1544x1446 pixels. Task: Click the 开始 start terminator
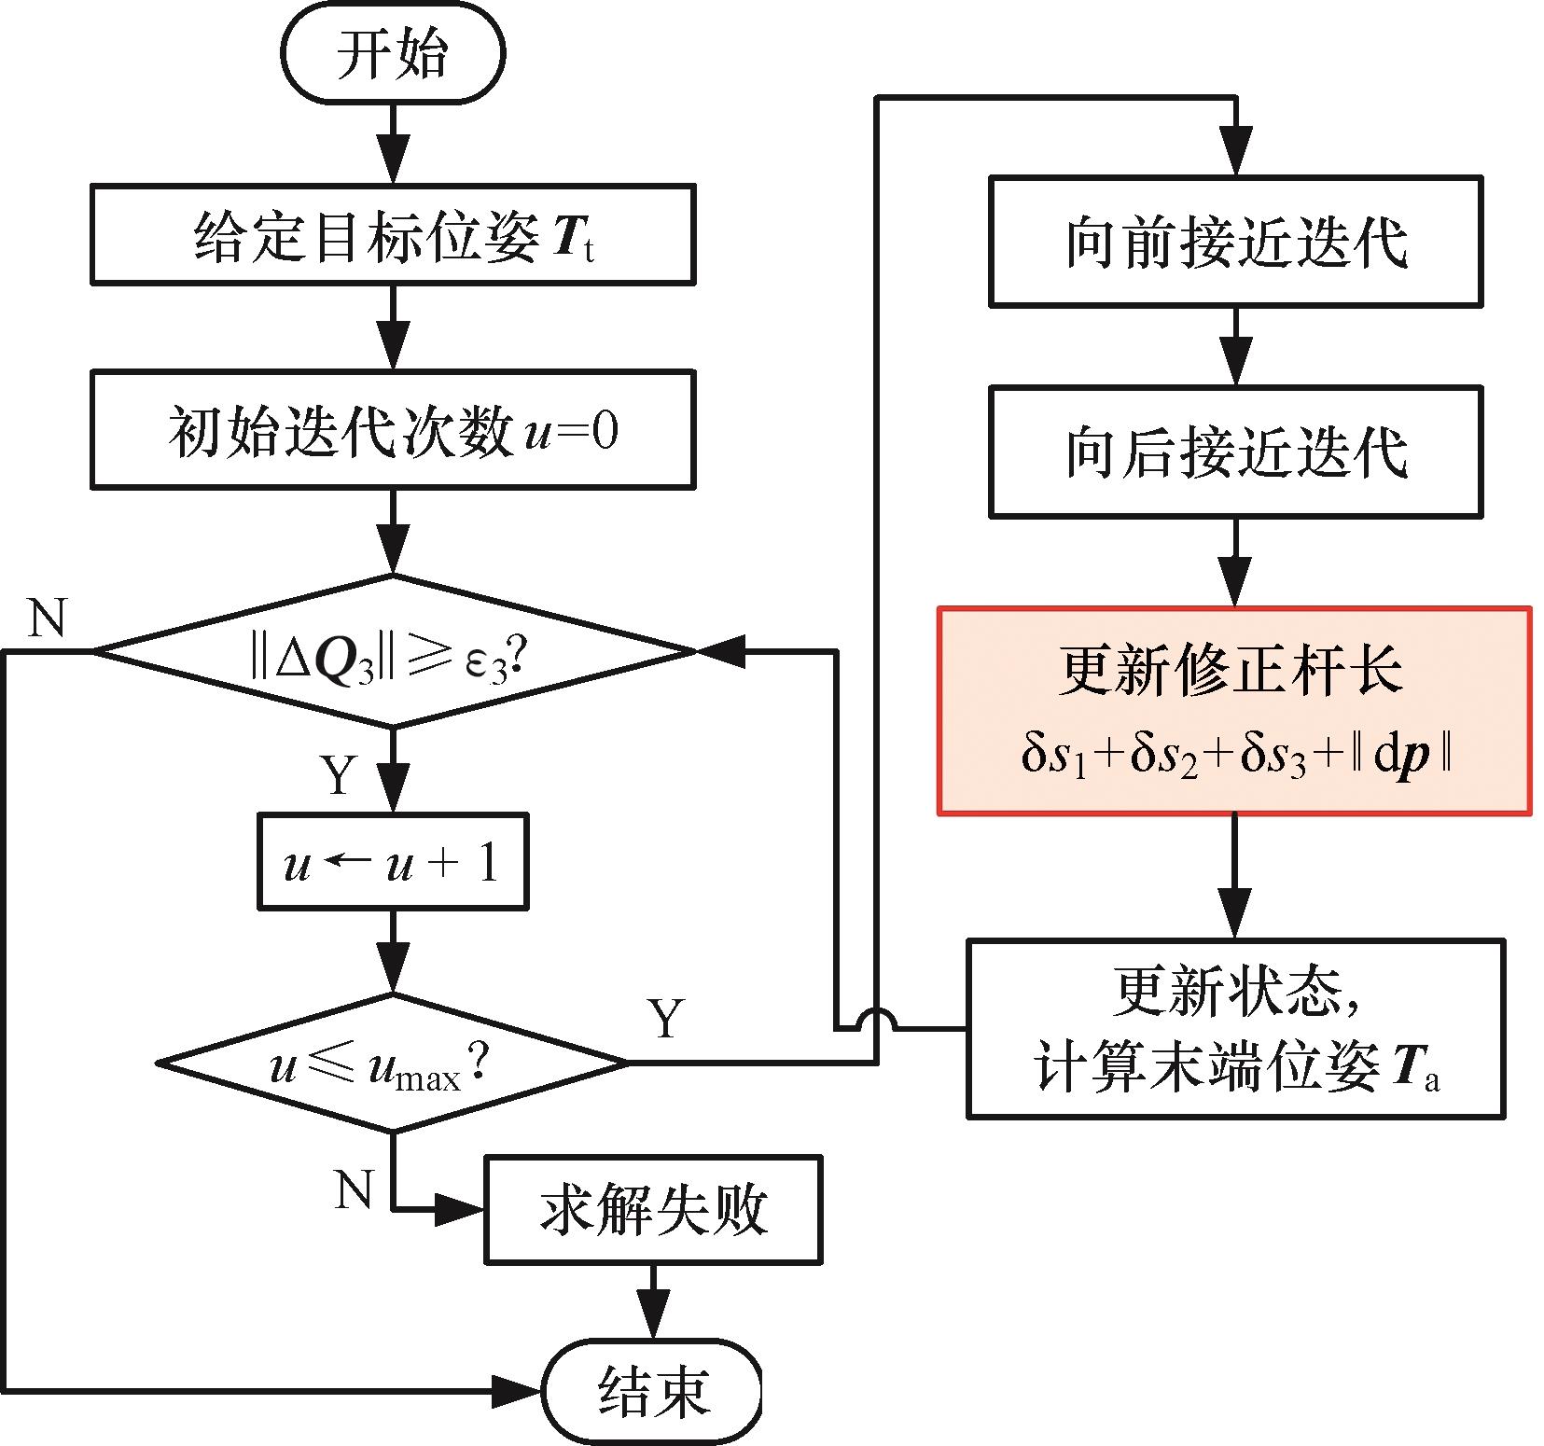pyautogui.click(x=393, y=53)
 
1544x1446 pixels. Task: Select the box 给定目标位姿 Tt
pyautogui.click(x=393, y=234)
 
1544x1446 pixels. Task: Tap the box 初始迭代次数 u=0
pyautogui.click(x=393, y=430)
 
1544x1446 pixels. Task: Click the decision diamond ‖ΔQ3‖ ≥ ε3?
pyautogui.click(x=393, y=651)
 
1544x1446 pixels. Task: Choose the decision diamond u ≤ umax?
pyautogui.click(x=393, y=1064)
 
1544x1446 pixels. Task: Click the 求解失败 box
pyautogui.click(x=653, y=1210)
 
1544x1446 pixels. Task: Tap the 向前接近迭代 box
pyautogui.click(x=1235, y=242)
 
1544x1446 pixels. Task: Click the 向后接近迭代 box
pyautogui.click(x=1235, y=452)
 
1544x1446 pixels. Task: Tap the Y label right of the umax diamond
pyautogui.click(x=666, y=1019)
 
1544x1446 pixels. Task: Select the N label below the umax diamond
pyautogui.click(x=354, y=1190)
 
